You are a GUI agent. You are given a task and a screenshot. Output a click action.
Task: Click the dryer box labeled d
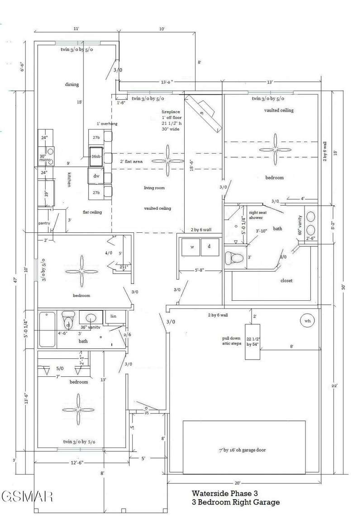[x=209, y=247]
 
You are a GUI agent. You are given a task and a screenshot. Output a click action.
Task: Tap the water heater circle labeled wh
[x=308, y=321]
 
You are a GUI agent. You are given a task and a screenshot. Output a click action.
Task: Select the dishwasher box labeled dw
[x=96, y=176]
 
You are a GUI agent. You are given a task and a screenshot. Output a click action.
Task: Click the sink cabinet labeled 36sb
[x=96, y=156]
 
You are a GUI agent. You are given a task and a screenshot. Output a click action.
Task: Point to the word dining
[x=72, y=84]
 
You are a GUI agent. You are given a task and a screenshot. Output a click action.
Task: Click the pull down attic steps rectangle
[x=252, y=342]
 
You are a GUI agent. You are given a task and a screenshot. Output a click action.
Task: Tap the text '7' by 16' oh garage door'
[x=242, y=450]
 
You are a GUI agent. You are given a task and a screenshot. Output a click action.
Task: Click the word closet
[x=286, y=280]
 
